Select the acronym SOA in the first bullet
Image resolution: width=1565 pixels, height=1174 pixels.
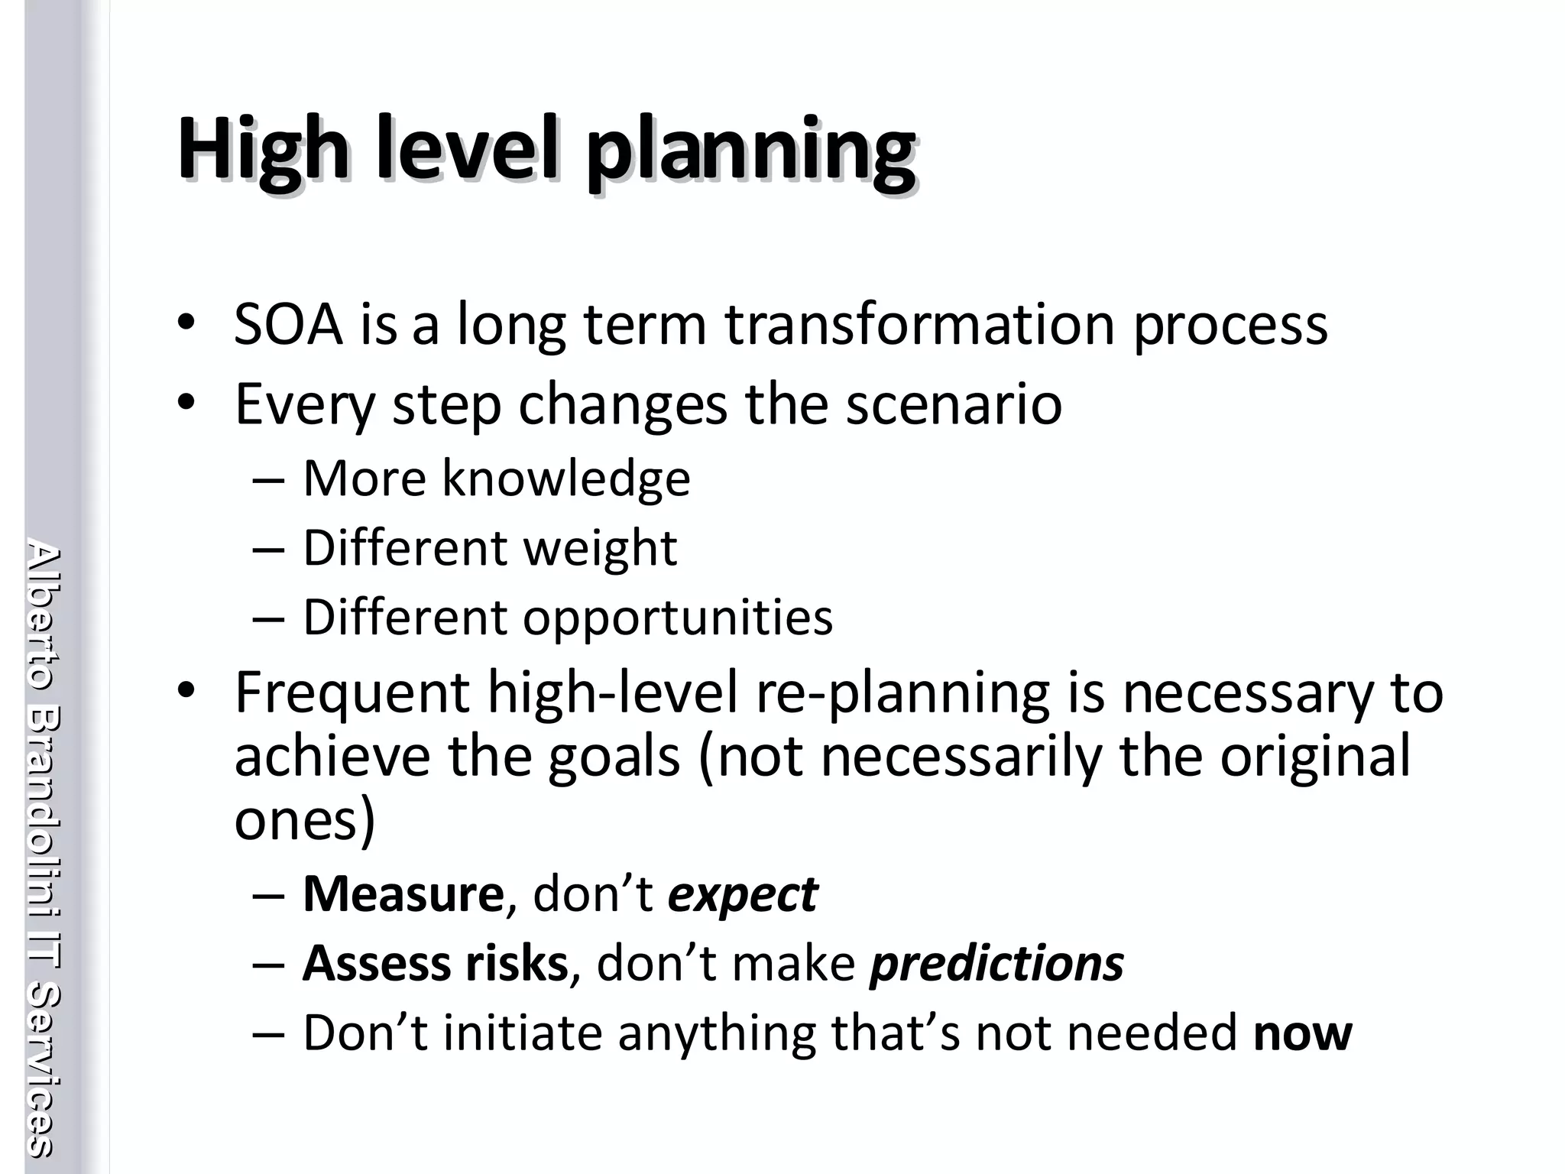pyautogui.click(x=288, y=325)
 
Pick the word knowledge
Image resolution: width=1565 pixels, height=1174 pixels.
pyautogui.click(x=565, y=478)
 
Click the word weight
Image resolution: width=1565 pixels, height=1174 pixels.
pyautogui.click(x=599, y=549)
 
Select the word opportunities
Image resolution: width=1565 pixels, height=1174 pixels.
pyautogui.click(x=677, y=618)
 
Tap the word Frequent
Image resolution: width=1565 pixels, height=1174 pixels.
pyautogui.click(x=352, y=694)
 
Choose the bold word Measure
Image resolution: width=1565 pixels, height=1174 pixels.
pyautogui.click(x=403, y=893)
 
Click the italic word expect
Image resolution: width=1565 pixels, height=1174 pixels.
pyautogui.click(x=742, y=895)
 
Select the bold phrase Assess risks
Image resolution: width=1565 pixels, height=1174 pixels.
pyautogui.click(x=436, y=963)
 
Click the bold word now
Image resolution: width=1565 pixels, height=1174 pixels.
pyautogui.click(x=1302, y=1033)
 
